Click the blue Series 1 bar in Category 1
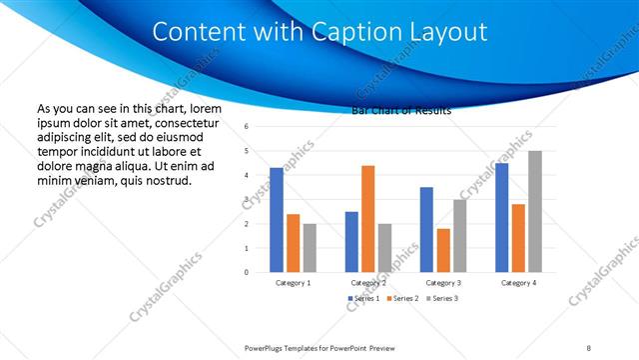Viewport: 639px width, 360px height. [277, 220]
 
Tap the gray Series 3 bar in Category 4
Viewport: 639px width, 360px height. [535, 212]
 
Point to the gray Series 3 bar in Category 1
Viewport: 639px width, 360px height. [310, 248]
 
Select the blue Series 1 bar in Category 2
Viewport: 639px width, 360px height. [351, 242]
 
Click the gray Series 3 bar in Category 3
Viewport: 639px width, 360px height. [459, 236]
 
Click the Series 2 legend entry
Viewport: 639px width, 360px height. [401, 299]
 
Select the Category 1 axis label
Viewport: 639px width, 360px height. [293, 283]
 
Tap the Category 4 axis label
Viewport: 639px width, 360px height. [518, 283]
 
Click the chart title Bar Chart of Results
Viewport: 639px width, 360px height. [401, 111]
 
